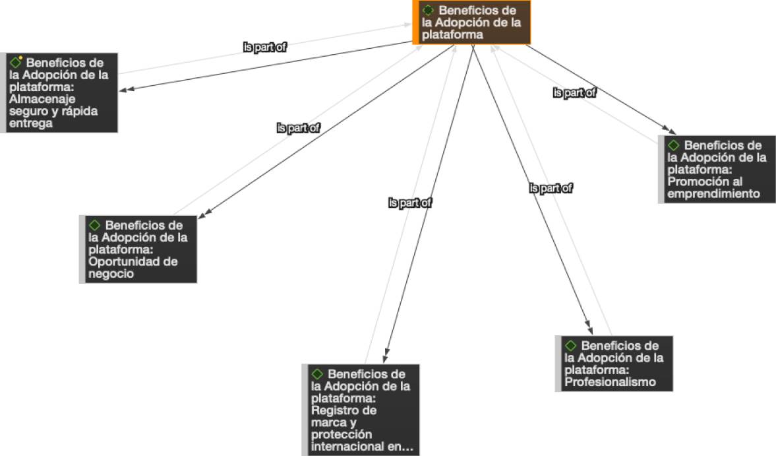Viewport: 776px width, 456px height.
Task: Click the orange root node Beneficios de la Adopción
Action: pos(472,22)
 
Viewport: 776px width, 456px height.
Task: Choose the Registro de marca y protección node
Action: pos(361,410)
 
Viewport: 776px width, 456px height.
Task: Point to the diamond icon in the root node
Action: pos(428,10)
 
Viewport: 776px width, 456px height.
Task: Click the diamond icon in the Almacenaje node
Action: pos(16,63)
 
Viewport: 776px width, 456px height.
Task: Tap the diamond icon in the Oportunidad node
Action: pos(95,225)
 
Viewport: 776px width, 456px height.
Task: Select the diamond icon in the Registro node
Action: pos(317,374)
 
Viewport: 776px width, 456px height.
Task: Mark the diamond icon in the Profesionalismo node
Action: pos(571,345)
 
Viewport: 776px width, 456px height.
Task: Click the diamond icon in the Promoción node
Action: pos(674,145)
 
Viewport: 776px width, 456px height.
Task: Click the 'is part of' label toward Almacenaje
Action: pos(265,48)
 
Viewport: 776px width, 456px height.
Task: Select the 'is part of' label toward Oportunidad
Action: pos(298,128)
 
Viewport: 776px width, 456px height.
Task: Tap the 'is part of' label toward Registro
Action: pos(409,203)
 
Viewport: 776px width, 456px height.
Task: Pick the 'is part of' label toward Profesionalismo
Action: pos(551,189)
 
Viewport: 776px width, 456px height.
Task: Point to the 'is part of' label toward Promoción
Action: pos(574,93)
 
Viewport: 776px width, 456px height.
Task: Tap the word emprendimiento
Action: pos(713,194)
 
